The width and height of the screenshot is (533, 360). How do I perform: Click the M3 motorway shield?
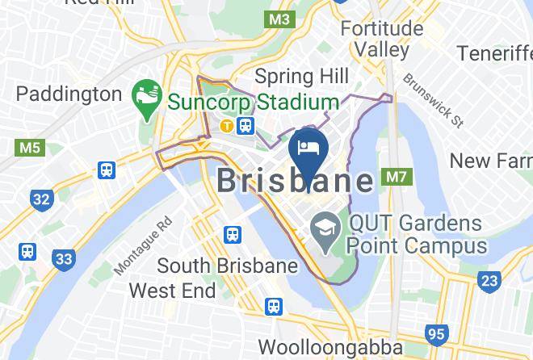pos(280,17)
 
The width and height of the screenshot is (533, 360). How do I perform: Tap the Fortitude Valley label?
pos(381,39)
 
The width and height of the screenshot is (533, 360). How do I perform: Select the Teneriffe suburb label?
pos(493,53)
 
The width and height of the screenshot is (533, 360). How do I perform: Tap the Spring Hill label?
pos(301,77)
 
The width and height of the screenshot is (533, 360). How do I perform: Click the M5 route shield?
pos(28,148)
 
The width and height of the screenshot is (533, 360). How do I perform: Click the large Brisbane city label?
pos(296,180)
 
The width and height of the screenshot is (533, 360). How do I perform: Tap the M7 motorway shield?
pos(397,176)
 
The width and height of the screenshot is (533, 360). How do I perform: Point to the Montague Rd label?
pos(143,245)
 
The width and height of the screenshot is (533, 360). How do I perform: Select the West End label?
pos(172,290)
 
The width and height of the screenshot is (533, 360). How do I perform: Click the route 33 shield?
pos(64,259)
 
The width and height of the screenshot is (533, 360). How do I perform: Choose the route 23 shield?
pos(489,280)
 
